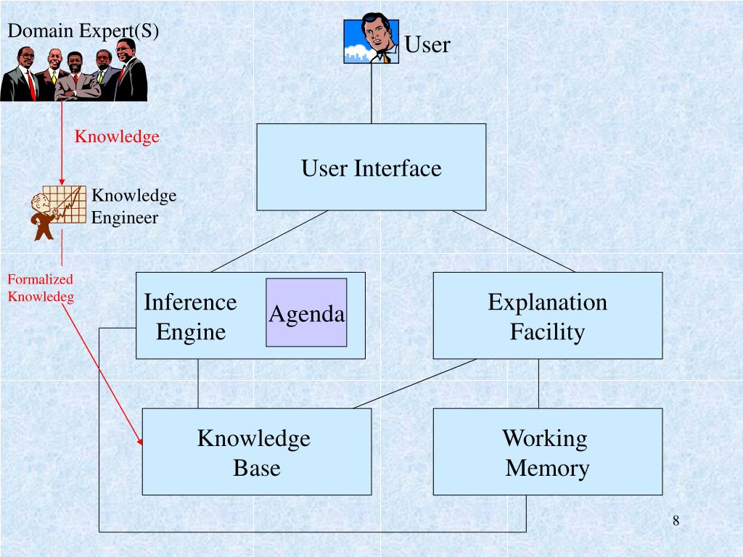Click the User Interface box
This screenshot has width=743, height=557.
point(371,168)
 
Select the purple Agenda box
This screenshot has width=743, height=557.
point(306,313)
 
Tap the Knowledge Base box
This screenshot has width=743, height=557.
point(256,452)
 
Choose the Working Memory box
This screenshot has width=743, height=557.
point(547,452)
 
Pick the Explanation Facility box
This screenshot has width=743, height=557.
point(547,316)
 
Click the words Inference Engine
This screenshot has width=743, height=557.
point(190,316)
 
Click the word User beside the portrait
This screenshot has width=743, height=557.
point(427,44)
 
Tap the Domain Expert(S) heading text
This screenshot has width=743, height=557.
point(83,30)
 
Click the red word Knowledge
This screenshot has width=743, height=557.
point(118,137)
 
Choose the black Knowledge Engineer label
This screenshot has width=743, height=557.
point(134,207)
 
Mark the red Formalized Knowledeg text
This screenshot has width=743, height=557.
point(41,287)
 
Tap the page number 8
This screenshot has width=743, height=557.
point(676,520)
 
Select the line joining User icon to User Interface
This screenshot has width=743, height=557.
point(371,94)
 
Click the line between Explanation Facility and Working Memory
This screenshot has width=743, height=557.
point(538,384)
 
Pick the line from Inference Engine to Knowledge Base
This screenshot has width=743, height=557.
point(198,384)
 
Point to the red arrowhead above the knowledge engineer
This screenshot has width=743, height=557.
point(62,181)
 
